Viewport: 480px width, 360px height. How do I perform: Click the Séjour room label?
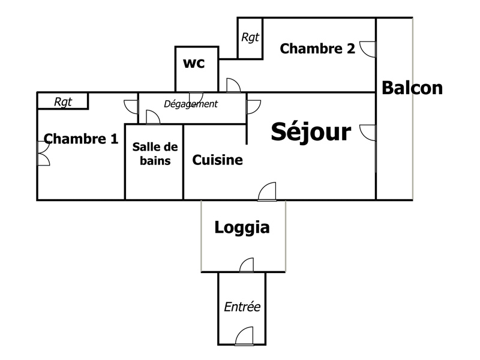(311, 132)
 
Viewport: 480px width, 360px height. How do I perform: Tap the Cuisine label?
(217, 160)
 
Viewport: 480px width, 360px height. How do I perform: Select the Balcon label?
(412, 88)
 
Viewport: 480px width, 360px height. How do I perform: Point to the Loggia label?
(242, 228)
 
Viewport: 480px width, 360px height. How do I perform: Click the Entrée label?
(242, 307)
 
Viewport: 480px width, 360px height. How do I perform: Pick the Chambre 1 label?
(81, 139)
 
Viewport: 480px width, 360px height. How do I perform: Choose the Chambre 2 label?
(317, 49)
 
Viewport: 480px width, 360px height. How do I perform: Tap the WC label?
(194, 63)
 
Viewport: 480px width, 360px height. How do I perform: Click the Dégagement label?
(191, 104)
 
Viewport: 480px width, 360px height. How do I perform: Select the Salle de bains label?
(155, 154)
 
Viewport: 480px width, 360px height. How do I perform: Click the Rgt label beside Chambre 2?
(250, 37)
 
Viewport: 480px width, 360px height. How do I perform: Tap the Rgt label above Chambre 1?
(63, 102)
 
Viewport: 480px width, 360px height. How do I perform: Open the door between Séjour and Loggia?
(267, 192)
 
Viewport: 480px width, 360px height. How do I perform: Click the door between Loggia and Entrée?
(247, 265)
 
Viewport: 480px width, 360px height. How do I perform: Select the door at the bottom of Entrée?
(245, 337)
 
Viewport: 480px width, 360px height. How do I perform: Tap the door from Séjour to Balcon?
(368, 132)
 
